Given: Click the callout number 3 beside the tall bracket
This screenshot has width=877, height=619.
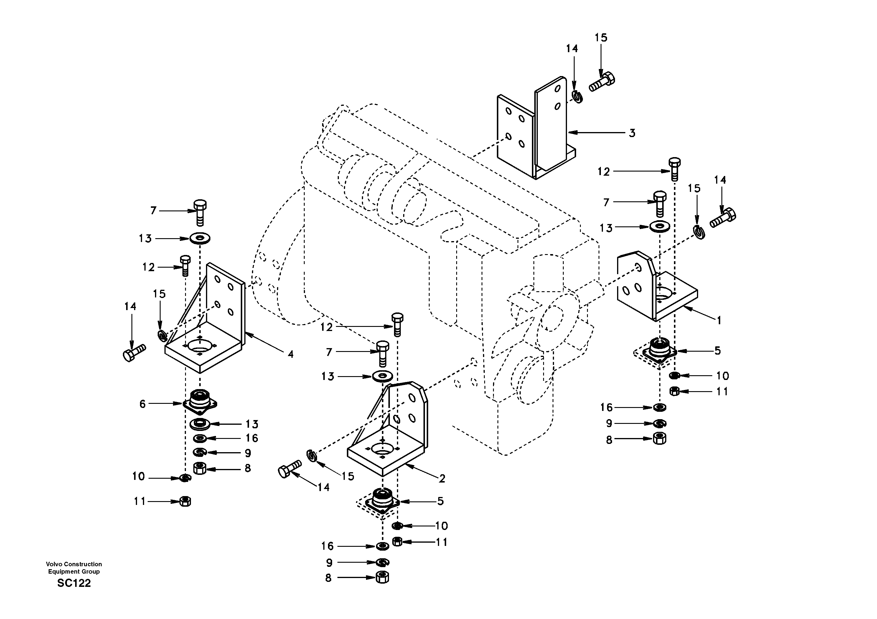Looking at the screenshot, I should [632, 133].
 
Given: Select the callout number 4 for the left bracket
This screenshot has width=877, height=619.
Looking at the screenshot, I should [291, 354].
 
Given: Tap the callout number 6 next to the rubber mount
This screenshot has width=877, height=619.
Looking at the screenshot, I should [142, 404].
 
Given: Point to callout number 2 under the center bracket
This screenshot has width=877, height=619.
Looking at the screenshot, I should [442, 478].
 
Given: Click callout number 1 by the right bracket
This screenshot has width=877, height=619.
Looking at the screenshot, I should [719, 320].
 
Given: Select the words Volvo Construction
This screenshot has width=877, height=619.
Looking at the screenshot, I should [74, 564].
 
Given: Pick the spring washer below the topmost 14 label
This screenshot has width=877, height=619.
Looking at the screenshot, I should [578, 96].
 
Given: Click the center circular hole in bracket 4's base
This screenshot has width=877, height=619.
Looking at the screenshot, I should [200, 345].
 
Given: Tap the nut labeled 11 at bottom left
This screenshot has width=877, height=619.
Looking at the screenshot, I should [185, 501].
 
